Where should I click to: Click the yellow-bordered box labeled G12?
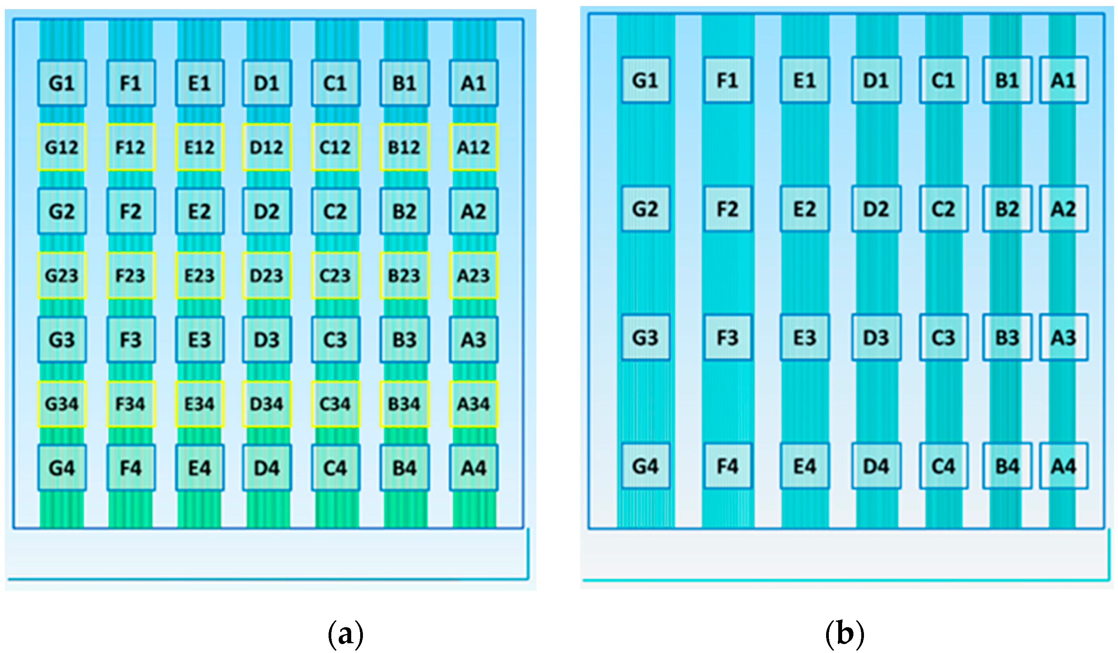(x=62, y=147)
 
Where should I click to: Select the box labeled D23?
(x=267, y=276)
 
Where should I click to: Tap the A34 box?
(x=473, y=404)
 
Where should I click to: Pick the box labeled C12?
(x=336, y=147)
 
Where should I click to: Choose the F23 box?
(x=131, y=276)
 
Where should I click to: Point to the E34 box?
(x=200, y=404)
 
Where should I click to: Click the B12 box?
(x=404, y=147)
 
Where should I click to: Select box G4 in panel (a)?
(x=62, y=468)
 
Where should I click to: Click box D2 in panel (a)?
(x=267, y=211)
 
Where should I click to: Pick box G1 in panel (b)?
(x=645, y=80)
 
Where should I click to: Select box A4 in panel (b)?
(x=1063, y=466)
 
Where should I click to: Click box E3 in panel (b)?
(x=805, y=338)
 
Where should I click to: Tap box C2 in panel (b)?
(x=943, y=209)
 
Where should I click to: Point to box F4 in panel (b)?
(x=728, y=466)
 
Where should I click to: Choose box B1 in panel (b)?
(x=1007, y=80)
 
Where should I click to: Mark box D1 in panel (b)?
(x=876, y=80)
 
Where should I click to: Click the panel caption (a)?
(x=345, y=635)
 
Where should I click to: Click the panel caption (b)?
(x=844, y=635)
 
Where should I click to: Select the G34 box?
(x=62, y=404)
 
